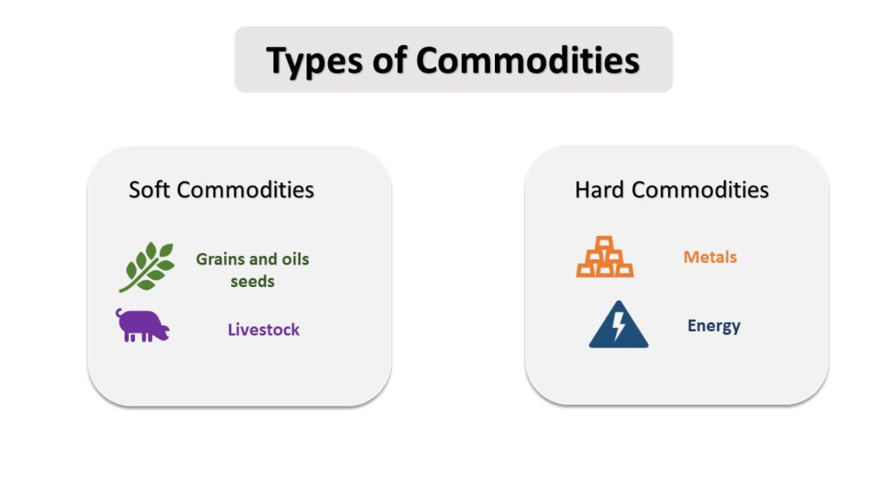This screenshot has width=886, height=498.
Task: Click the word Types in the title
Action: click(314, 61)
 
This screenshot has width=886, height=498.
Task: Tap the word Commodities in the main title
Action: click(528, 60)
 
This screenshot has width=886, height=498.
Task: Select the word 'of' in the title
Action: click(389, 60)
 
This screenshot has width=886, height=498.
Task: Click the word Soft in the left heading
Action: click(149, 189)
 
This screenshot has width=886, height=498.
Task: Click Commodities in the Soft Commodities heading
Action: click(245, 189)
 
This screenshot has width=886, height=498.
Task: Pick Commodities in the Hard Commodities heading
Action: click(700, 189)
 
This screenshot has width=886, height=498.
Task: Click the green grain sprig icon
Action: click(146, 267)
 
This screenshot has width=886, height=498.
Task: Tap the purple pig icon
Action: click(143, 325)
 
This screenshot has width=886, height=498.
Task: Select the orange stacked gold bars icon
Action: click(605, 257)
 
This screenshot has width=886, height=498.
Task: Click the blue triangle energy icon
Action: click(619, 325)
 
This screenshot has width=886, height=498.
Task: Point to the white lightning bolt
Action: click(620, 326)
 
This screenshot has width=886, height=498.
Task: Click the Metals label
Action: click(710, 257)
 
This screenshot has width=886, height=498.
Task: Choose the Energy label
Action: click(714, 326)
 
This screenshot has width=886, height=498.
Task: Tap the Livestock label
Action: click(264, 329)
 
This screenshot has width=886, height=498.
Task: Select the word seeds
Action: click(253, 281)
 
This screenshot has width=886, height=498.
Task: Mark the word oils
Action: click(296, 259)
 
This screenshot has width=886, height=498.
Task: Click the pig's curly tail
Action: click(119, 312)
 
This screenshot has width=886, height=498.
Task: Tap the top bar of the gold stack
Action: click(605, 242)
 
